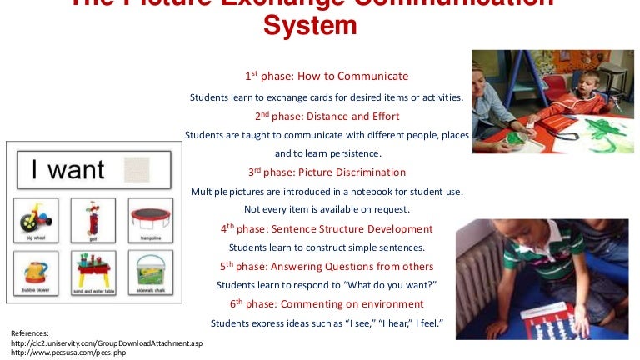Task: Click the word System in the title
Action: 310,26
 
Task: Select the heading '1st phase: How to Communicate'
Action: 327,77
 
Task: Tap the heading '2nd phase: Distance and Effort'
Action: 327,116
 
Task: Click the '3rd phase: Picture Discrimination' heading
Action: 327,172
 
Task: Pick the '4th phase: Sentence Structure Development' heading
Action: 327,228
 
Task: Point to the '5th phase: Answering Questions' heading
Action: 327,267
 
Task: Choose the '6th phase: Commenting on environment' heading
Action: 327,304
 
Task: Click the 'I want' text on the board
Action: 67,170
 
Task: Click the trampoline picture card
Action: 151,219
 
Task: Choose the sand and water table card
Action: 92,273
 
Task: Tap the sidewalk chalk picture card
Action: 151,273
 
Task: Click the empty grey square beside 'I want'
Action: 140,169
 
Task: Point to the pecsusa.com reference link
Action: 62,352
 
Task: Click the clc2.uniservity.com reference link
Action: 106,342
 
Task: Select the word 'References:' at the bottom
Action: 30,332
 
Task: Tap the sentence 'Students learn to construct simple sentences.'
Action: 327,247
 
